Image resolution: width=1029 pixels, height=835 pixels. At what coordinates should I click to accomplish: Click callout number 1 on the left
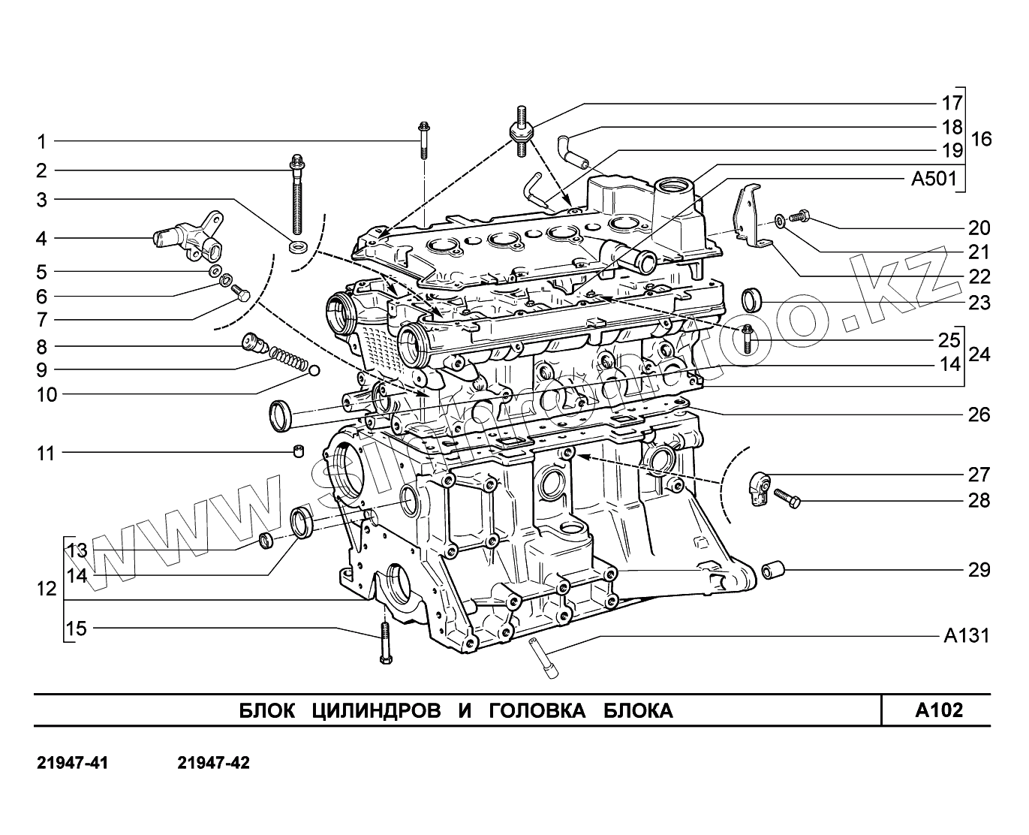point(42,141)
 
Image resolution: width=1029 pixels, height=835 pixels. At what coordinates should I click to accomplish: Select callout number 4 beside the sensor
point(42,239)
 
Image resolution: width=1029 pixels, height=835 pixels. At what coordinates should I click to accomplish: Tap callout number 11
point(47,454)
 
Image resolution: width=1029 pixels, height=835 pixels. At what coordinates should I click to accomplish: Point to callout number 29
point(979,570)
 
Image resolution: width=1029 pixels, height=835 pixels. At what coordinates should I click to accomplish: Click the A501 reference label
point(934,179)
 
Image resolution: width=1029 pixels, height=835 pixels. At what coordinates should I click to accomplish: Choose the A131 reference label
point(966,636)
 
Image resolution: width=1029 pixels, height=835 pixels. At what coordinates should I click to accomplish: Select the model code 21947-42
point(213,763)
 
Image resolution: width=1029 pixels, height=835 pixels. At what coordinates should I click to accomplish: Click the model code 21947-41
point(73,763)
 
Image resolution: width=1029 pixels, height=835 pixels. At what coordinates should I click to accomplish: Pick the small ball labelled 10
point(314,370)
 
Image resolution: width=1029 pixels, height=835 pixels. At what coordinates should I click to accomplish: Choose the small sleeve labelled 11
point(299,451)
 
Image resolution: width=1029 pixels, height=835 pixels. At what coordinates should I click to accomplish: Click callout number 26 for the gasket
point(979,414)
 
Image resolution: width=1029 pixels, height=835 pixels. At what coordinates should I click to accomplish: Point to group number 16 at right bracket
point(980,139)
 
